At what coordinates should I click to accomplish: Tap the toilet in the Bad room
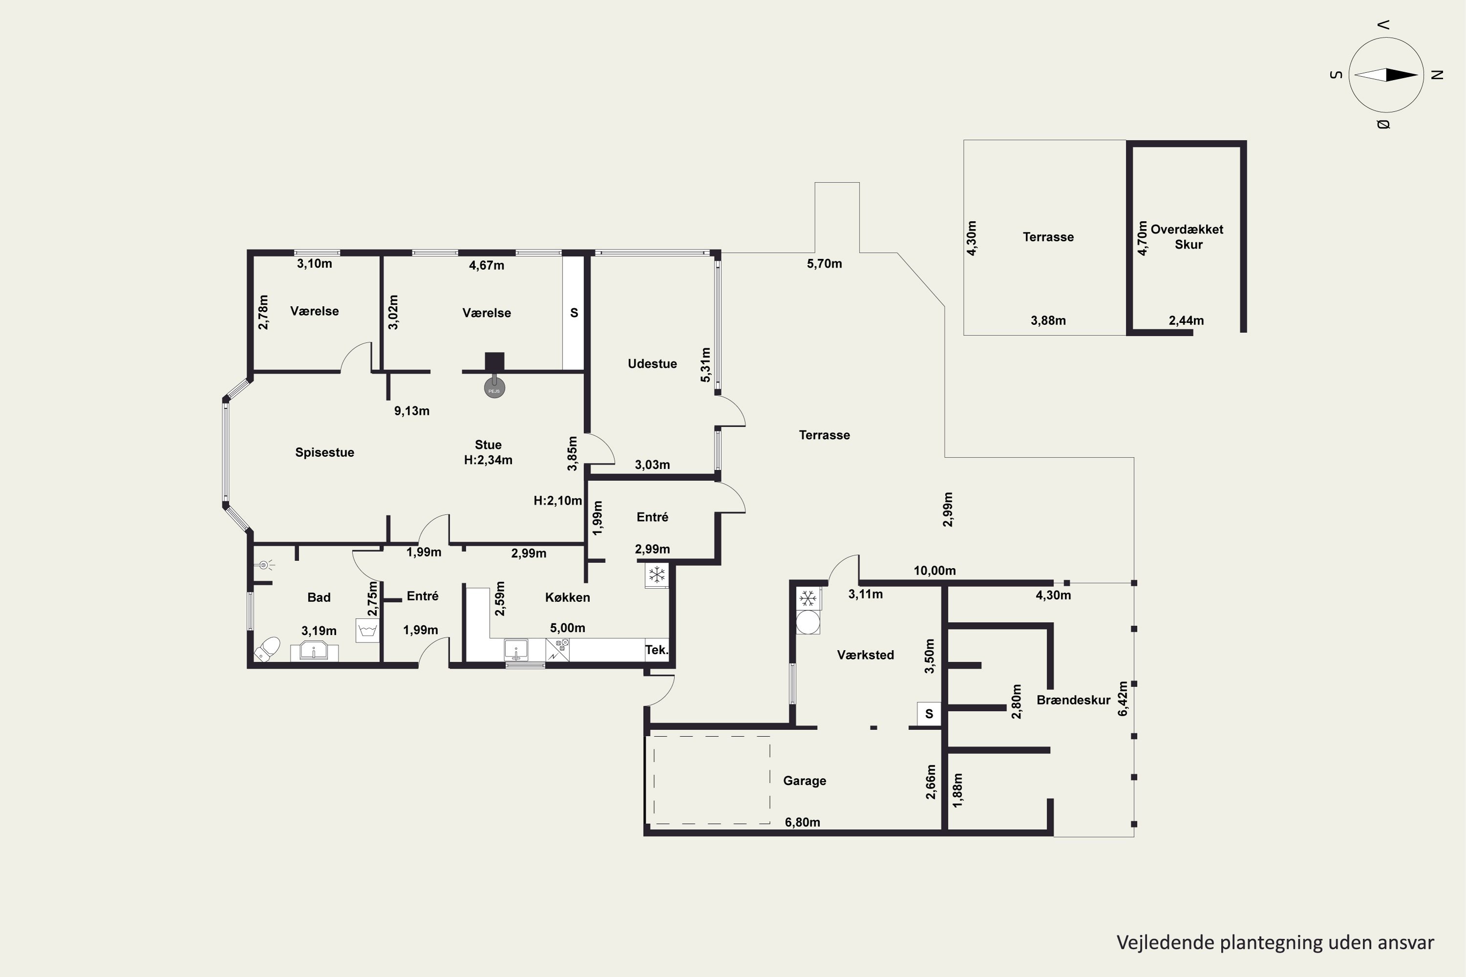click(267, 649)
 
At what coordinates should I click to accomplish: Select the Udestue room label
click(652, 364)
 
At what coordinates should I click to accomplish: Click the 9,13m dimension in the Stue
click(411, 411)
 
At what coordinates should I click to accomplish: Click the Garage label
click(805, 781)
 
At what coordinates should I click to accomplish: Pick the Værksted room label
click(865, 655)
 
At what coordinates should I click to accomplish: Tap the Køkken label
click(567, 597)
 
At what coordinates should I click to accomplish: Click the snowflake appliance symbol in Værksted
click(808, 599)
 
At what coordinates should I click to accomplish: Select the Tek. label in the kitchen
click(656, 650)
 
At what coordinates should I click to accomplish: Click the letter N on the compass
click(1437, 75)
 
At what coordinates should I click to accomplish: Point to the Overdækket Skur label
click(1187, 237)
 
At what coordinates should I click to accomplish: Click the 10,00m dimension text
click(934, 571)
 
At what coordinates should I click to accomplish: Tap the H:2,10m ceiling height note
click(558, 500)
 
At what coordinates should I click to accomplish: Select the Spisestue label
click(325, 452)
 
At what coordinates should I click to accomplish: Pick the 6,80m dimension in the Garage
click(802, 823)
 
